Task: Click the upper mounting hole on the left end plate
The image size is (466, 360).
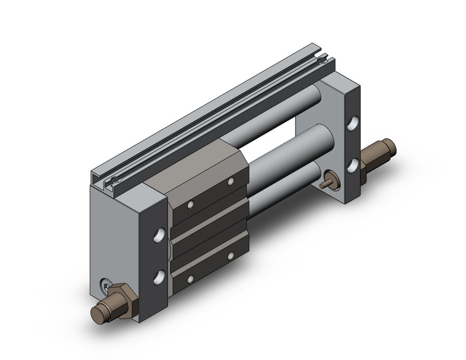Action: click(159, 235)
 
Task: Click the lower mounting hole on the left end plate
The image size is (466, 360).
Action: click(159, 276)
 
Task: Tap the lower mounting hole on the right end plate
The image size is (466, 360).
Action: click(353, 165)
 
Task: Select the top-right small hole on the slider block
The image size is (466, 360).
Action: click(231, 182)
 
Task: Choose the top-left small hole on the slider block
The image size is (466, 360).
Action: click(191, 204)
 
